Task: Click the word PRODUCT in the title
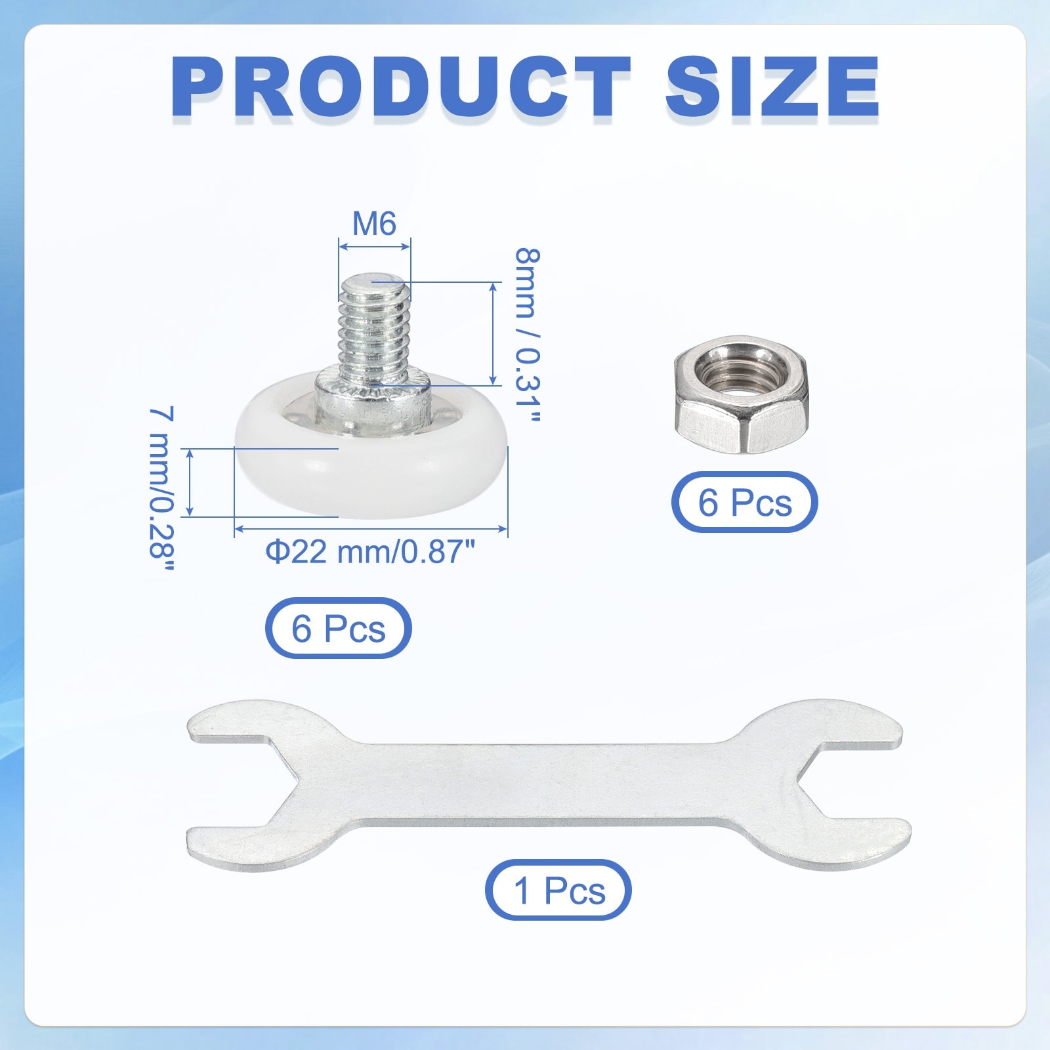(401, 87)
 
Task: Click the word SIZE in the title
(772, 87)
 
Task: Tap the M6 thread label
(374, 224)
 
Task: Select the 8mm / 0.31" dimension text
(527, 335)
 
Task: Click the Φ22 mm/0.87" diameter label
(369, 551)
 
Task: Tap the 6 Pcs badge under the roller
(338, 628)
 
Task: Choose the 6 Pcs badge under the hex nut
(744, 502)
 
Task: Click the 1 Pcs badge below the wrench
(558, 890)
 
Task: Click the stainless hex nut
(742, 394)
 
